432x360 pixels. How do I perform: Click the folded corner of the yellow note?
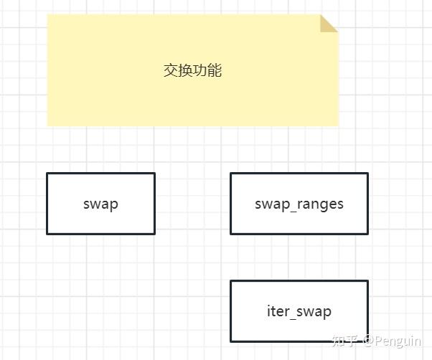point(329,23)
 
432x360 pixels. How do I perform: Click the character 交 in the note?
point(171,71)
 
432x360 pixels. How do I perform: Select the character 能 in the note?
point(215,71)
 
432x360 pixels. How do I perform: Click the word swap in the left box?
point(100,204)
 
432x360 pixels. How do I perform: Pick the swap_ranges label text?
point(299,204)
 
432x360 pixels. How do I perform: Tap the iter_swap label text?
point(299,311)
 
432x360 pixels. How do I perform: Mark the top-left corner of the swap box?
point(47,174)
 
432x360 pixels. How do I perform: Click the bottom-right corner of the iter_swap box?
point(367,341)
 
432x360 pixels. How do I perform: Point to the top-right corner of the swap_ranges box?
point(367,174)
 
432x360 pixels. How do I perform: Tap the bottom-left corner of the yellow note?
point(47,126)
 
